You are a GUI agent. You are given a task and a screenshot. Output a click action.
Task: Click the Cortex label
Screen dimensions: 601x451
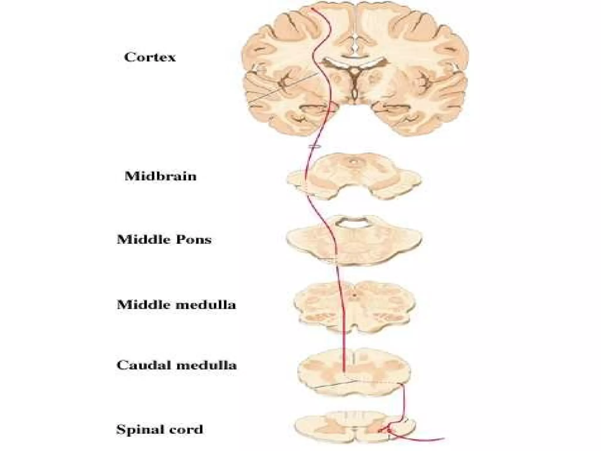tap(150, 57)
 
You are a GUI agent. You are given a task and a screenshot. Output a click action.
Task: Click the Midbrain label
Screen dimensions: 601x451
tap(160, 176)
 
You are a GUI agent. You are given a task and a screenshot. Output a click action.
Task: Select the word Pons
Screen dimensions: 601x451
tap(194, 240)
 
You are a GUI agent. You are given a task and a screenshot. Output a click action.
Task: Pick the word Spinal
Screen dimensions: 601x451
tap(138, 430)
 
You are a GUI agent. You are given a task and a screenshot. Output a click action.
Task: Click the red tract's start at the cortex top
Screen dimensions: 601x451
tap(312, 9)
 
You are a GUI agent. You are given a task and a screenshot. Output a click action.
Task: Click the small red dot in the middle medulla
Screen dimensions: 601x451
tap(354, 295)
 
